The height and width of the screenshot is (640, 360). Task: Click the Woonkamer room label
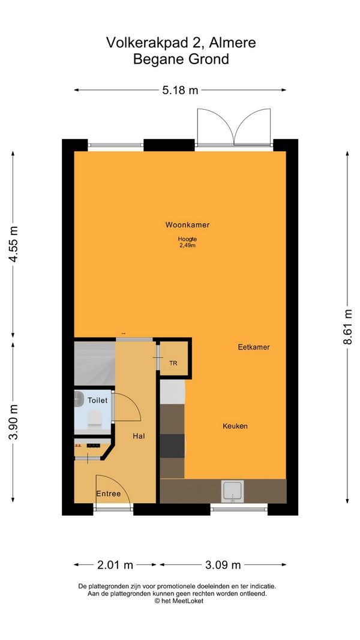187,224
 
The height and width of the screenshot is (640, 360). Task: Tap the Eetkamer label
254,347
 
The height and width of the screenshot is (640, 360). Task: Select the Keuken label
235,426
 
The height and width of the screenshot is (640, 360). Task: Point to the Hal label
139,436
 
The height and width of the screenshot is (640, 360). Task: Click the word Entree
109,494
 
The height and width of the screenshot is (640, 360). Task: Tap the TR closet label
173,363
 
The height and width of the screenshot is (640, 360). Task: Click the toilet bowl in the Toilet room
94,417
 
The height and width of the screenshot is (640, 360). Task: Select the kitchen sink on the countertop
232,491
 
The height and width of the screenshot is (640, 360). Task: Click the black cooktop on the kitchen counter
172,446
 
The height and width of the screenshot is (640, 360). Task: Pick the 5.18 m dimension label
180,90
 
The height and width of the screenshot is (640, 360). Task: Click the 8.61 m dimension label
347,326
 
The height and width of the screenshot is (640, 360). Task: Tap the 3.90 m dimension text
13,422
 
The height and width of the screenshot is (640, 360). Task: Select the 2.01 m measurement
115,565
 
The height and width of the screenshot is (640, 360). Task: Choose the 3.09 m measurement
223,565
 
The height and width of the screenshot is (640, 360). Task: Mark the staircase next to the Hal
95,363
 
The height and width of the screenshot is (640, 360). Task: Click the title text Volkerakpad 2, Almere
181,42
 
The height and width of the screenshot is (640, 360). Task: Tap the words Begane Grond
181,59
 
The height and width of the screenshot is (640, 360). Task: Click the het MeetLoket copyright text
178,601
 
